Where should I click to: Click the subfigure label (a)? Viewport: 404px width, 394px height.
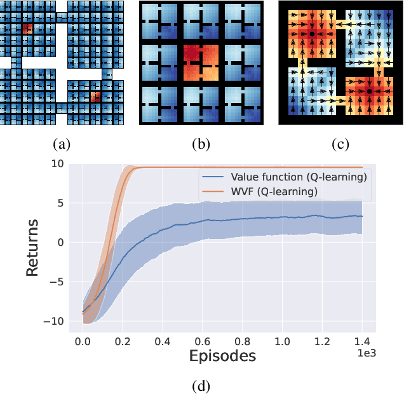click(62, 144)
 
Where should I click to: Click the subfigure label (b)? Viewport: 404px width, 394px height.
click(201, 144)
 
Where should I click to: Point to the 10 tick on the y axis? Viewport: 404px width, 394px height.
click(57, 164)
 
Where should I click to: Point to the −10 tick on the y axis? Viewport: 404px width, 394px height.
click(53, 322)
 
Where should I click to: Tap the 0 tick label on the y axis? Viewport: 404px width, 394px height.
click(60, 243)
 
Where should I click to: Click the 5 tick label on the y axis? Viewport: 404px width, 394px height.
click(60, 203)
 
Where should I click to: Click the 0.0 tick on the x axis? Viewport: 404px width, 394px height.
click(83, 341)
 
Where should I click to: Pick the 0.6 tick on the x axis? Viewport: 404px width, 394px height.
click(203, 341)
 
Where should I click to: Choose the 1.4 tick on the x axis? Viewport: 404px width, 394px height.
click(362, 341)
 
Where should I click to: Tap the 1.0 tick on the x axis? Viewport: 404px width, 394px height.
click(282, 341)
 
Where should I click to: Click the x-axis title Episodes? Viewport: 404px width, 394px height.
click(222, 356)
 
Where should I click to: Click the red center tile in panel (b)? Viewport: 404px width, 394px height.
click(201, 64)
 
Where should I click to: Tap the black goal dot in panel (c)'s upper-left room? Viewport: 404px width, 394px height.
click(312, 32)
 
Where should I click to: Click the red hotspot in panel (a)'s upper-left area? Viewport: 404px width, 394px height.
click(27, 29)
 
